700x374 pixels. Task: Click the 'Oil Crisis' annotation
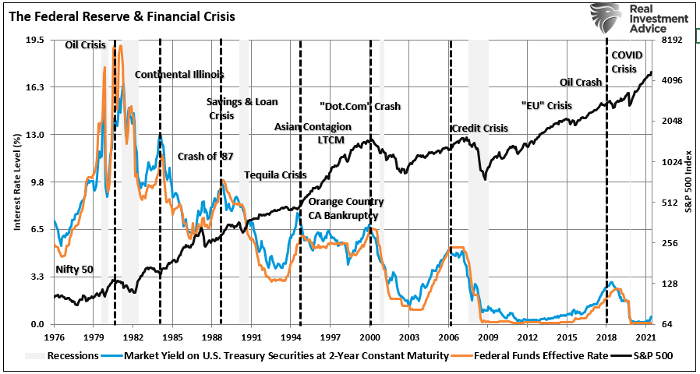click(84, 45)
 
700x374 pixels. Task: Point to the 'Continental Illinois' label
click(179, 75)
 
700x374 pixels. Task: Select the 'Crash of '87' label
click(205, 156)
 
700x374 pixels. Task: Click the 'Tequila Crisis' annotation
click(275, 175)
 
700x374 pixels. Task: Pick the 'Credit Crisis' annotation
click(479, 129)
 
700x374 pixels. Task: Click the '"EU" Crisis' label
click(546, 106)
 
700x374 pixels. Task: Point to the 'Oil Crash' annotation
click(581, 83)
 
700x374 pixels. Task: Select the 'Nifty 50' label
click(74, 270)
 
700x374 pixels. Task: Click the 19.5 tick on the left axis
click(35, 40)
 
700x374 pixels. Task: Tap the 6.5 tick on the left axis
click(37, 230)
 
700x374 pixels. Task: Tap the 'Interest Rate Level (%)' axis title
click(16, 182)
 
